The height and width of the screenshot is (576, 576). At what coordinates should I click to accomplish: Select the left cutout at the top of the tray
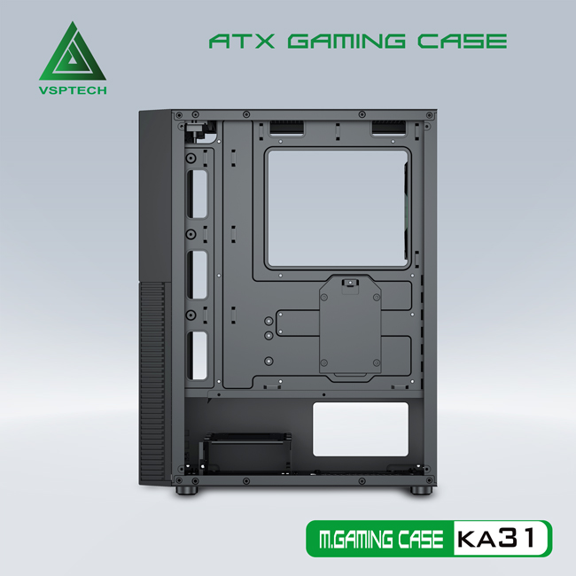click(x=286, y=131)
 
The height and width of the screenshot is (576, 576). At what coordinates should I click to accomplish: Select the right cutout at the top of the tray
click(x=391, y=131)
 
